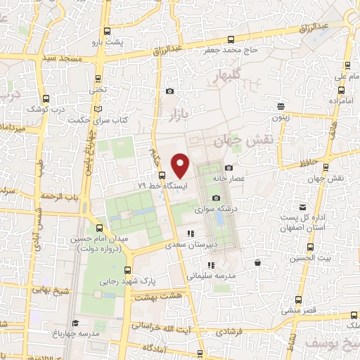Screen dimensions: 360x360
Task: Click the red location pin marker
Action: (x=181, y=166)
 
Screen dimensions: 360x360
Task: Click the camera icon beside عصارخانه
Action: (x=229, y=167)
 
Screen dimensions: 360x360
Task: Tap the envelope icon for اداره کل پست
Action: (x=302, y=207)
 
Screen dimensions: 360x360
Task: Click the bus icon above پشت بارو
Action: (x=108, y=31)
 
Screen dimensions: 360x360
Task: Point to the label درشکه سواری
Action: (x=232, y=208)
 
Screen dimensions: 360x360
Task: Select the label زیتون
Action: (x=281, y=119)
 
